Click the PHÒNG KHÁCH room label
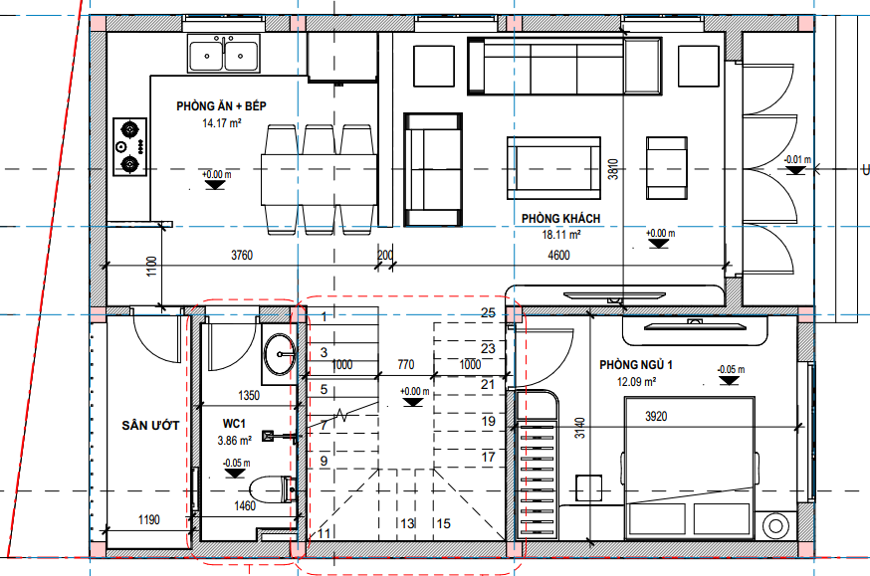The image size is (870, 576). (x=561, y=219)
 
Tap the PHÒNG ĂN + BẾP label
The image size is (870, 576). (x=221, y=105)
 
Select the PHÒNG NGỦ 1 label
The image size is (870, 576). (x=636, y=365)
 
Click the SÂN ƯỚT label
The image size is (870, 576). (x=150, y=425)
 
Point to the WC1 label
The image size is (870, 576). (x=234, y=424)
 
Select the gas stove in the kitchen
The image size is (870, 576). (x=130, y=147)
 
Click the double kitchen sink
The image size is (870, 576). (x=224, y=53)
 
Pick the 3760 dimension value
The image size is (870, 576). (x=242, y=255)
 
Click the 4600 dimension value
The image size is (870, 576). (x=558, y=255)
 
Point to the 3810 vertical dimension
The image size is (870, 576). (x=613, y=169)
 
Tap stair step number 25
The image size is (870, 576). (x=488, y=312)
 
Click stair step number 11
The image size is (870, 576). (x=325, y=533)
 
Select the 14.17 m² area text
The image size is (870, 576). (x=221, y=122)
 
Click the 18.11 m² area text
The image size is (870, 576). (x=561, y=235)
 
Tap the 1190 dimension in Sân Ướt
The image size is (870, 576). (x=148, y=520)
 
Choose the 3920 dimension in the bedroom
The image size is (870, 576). (x=656, y=417)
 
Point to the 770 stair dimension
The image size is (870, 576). (x=405, y=364)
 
